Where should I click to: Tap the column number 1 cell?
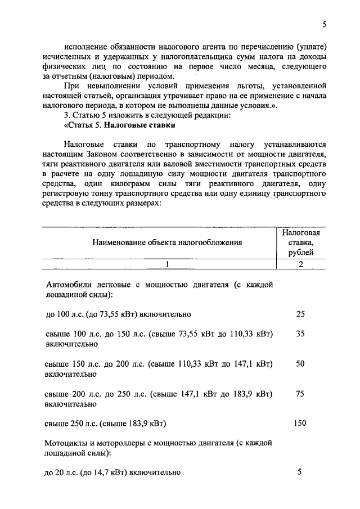click(x=167, y=264)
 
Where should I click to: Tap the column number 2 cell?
click(x=301, y=264)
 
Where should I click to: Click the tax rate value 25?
click(x=300, y=313)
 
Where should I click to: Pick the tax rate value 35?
click(x=300, y=334)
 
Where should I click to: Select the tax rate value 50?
click(x=300, y=364)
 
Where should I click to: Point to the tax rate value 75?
click(x=300, y=394)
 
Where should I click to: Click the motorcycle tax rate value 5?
click(x=300, y=472)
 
